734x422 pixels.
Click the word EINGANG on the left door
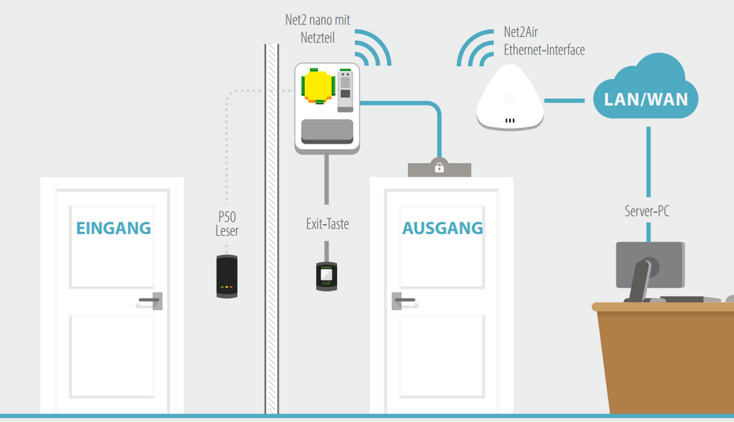113,228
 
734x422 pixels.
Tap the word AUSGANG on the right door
442,228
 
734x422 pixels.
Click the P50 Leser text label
227,224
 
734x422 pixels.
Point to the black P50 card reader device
227,276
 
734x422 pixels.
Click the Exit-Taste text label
327,224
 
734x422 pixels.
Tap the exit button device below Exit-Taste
327,275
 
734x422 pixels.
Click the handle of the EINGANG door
151,300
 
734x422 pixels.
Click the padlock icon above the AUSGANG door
439,166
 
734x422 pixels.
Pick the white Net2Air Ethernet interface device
509,98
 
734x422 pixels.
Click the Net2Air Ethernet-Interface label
544,42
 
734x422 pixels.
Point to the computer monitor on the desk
649,265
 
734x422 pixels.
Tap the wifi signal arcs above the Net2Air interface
477,48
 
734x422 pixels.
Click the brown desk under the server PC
663,355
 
